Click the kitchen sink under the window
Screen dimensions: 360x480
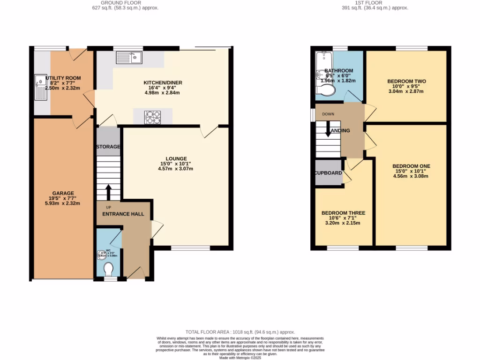coord(130,58)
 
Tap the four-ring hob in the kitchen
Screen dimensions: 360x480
coord(153,117)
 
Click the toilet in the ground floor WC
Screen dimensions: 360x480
coord(109,270)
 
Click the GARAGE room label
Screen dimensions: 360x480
coord(63,193)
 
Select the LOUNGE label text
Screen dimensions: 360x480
coord(176,158)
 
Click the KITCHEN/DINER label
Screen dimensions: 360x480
coord(163,82)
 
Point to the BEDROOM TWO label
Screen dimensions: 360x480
coord(406,81)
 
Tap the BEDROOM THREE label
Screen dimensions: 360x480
coord(343,213)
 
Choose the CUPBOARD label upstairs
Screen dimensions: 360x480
coord(328,173)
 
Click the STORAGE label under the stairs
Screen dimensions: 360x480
coord(108,147)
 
